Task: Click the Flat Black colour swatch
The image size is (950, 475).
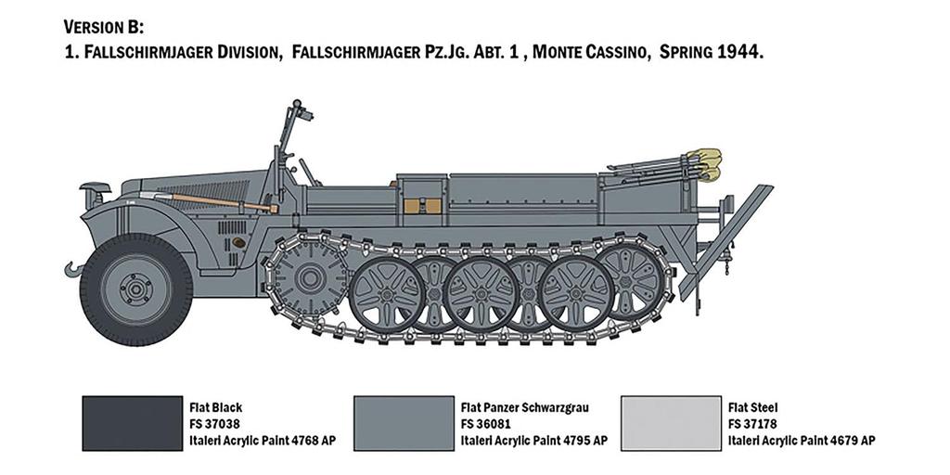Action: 132,423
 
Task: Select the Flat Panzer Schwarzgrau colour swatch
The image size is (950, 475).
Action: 404,423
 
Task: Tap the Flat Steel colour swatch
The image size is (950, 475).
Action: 672,423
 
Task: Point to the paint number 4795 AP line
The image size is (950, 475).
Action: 533,441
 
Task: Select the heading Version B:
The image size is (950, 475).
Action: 104,27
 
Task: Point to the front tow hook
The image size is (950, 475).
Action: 73,269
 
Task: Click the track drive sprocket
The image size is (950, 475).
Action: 311,278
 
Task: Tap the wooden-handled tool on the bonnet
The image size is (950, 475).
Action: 209,201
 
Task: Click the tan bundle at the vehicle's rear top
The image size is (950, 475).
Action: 708,165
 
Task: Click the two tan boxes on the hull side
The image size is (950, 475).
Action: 422,206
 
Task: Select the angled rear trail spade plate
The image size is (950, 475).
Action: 725,241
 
